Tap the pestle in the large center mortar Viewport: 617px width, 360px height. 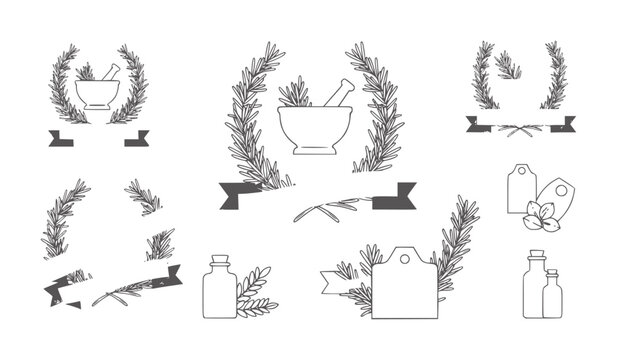[x=336, y=93]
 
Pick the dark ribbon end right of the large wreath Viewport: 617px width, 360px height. [x=395, y=197]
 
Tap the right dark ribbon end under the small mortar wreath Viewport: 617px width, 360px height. [x=137, y=138]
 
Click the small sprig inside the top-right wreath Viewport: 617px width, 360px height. [x=509, y=67]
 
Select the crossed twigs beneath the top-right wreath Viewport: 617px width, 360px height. [x=519, y=128]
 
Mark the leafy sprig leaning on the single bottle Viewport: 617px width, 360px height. [x=253, y=289]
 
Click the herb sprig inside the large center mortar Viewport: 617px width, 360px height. [x=295, y=94]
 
